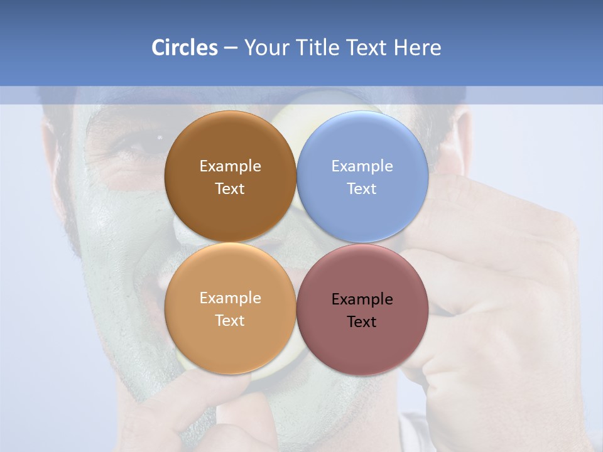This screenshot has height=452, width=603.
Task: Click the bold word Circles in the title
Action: pos(184,48)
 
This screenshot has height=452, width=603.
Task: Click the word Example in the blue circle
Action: pos(362,166)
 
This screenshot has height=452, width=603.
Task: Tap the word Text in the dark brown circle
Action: pos(230,189)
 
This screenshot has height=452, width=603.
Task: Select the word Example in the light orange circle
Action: pos(230,298)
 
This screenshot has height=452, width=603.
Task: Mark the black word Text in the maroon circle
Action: pos(362,322)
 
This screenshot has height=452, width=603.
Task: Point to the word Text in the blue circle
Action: pos(362,189)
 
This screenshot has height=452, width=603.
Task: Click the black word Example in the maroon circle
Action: pos(362,299)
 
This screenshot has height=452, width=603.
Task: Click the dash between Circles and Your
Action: pos(231,48)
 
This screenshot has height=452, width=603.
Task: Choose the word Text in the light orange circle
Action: pos(230,321)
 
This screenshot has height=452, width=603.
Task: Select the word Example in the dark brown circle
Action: pos(230,166)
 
